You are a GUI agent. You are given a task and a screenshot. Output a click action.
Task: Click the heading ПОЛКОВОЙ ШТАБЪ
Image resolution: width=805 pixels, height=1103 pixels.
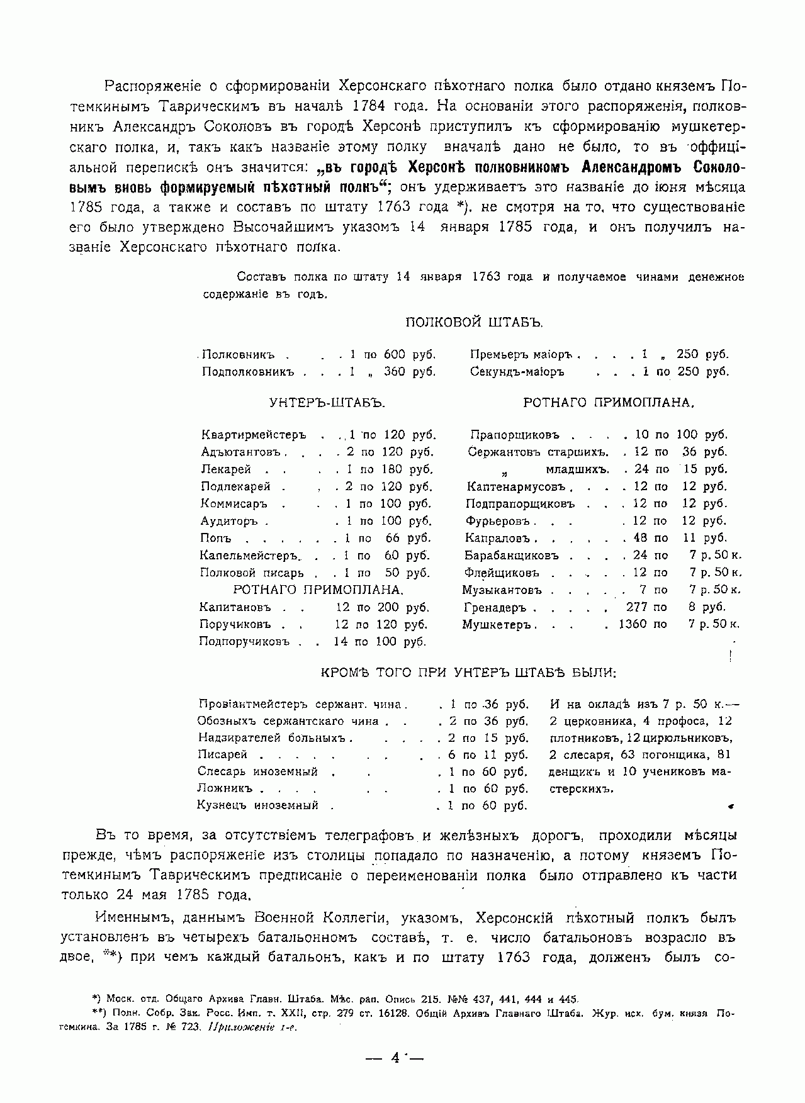[473, 322]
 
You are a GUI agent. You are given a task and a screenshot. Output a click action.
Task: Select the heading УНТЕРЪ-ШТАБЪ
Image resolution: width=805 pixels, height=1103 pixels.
[327, 403]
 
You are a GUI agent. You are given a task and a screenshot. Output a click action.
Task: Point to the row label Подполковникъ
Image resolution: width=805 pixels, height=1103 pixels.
[248, 372]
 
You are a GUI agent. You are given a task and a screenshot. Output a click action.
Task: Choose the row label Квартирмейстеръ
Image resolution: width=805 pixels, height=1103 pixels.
[253, 435]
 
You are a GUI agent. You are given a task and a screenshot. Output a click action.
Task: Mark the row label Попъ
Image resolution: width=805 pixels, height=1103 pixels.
[215, 539]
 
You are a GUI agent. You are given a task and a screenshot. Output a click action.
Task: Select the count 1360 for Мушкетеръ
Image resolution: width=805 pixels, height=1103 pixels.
[633, 625]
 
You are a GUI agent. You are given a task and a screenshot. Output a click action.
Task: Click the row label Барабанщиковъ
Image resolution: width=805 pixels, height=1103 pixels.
[512, 556]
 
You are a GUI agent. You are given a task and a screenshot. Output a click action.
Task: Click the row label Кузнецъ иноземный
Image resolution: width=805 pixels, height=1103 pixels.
[257, 805]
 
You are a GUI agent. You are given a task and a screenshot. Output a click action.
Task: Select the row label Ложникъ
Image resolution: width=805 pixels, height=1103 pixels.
[224, 788]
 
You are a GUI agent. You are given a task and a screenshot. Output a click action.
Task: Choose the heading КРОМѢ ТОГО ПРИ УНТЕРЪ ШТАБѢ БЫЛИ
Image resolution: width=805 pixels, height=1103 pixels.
[468, 672]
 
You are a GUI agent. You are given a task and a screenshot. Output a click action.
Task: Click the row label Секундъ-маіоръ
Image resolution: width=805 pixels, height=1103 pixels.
[517, 372]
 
